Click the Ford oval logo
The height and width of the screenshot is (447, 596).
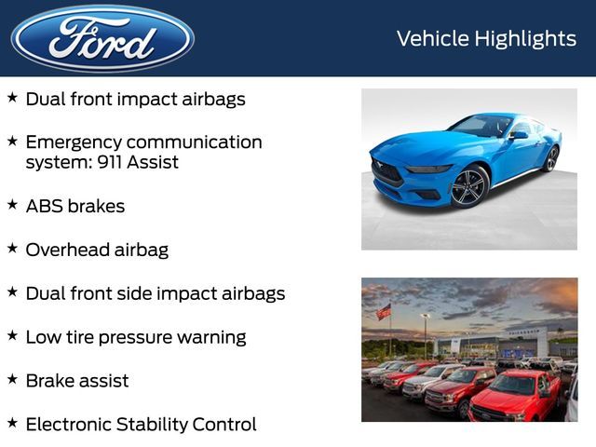coord(102,38)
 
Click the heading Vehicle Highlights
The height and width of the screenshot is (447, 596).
coord(486,38)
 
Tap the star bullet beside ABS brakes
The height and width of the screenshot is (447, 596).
coord(12,203)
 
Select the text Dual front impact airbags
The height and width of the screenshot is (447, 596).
coord(135,99)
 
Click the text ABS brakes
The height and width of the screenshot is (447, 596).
coord(74,206)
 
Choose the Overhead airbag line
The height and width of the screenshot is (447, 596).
coord(97,250)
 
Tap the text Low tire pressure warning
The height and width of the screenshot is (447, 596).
coord(135,337)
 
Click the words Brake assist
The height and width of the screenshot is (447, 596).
coord(77,381)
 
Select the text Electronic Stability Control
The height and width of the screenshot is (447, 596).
coord(141,425)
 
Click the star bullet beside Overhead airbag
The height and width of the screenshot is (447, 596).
coord(12,247)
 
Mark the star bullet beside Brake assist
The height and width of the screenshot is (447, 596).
coord(12,378)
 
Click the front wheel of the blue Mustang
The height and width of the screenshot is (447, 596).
coord(469,185)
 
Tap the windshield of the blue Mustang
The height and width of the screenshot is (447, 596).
coord(483,126)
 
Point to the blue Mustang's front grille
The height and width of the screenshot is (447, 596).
coord(387,173)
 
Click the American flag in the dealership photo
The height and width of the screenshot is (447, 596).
coord(384,312)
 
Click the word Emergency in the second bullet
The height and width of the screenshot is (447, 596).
coord(74,142)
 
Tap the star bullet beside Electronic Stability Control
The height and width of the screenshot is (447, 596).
coord(12,422)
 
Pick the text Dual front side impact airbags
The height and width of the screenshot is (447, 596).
coord(155,293)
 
